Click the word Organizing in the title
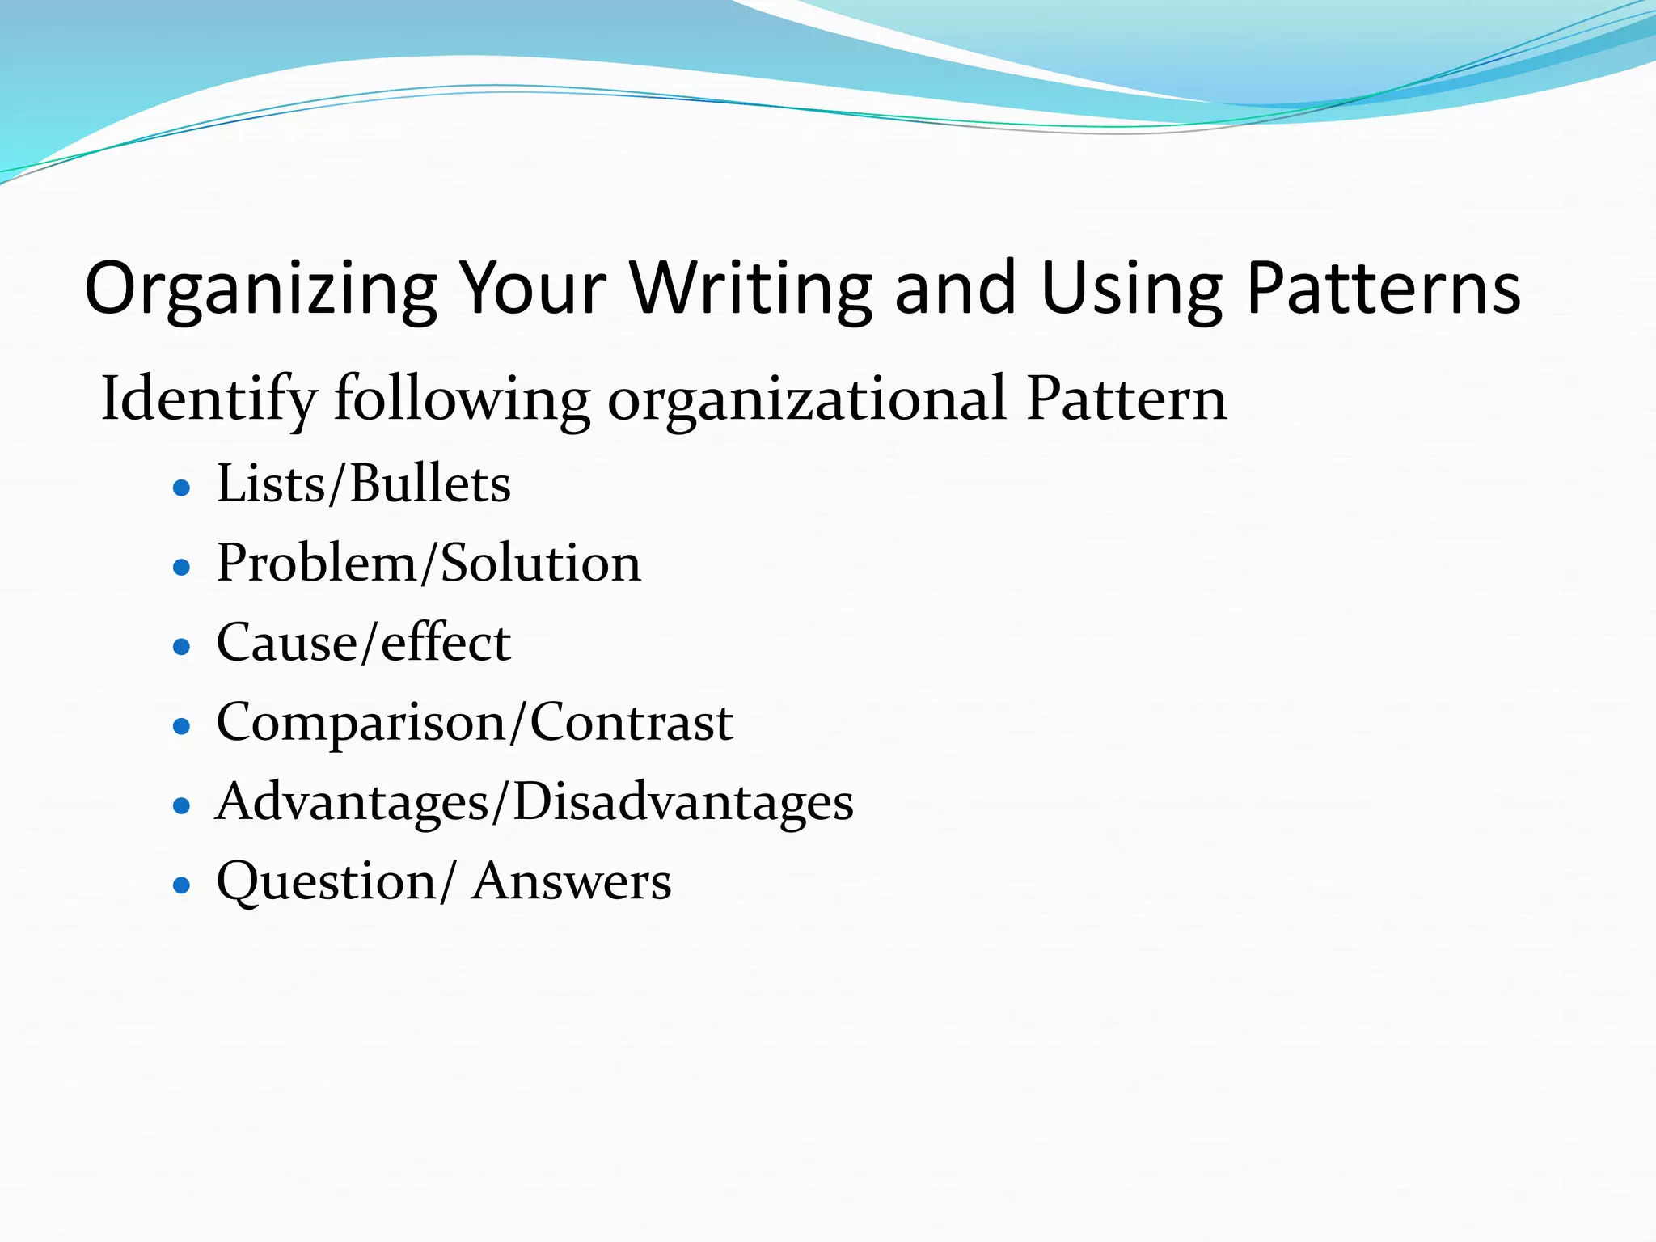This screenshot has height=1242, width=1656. (x=260, y=289)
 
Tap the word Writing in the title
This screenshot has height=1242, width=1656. (x=751, y=289)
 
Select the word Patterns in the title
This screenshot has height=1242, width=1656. (x=1384, y=288)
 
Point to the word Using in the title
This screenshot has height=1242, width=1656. (x=1131, y=289)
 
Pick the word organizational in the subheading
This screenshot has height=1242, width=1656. (x=807, y=399)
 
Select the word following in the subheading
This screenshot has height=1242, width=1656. (x=463, y=399)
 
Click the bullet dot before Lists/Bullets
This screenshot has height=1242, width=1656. (x=182, y=488)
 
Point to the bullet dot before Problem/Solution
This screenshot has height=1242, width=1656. (x=182, y=567)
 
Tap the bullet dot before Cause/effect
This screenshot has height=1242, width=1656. (x=182, y=646)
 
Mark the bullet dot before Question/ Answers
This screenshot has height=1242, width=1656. (x=182, y=885)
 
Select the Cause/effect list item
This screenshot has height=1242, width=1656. (x=364, y=643)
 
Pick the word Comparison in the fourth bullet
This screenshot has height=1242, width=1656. (x=361, y=723)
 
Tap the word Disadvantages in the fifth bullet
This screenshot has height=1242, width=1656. (x=683, y=802)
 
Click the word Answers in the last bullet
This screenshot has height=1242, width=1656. (x=572, y=881)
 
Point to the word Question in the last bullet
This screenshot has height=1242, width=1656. (x=327, y=881)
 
